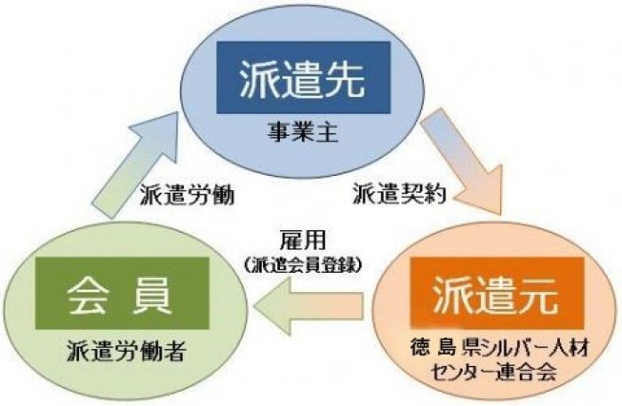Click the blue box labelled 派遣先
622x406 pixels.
click(x=304, y=77)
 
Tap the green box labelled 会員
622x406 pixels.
click(x=123, y=293)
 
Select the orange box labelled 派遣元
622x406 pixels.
click(x=497, y=293)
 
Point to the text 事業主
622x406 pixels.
click(x=303, y=133)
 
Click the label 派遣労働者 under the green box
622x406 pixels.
click(x=126, y=351)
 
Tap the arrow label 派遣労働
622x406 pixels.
click(x=187, y=195)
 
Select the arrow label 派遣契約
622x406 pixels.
click(x=400, y=194)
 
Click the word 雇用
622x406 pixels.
click(x=303, y=240)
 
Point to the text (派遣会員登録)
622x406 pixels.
click(x=303, y=265)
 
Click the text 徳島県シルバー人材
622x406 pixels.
click(x=499, y=349)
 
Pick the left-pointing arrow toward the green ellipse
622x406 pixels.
click(x=308, y=306)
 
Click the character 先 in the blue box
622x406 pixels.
click(x=345, y=78)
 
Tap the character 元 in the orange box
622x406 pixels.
click(x=538, y=294)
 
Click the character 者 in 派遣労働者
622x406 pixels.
click(x=174, y=351)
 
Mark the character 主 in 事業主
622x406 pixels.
click(x=327, y=133)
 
